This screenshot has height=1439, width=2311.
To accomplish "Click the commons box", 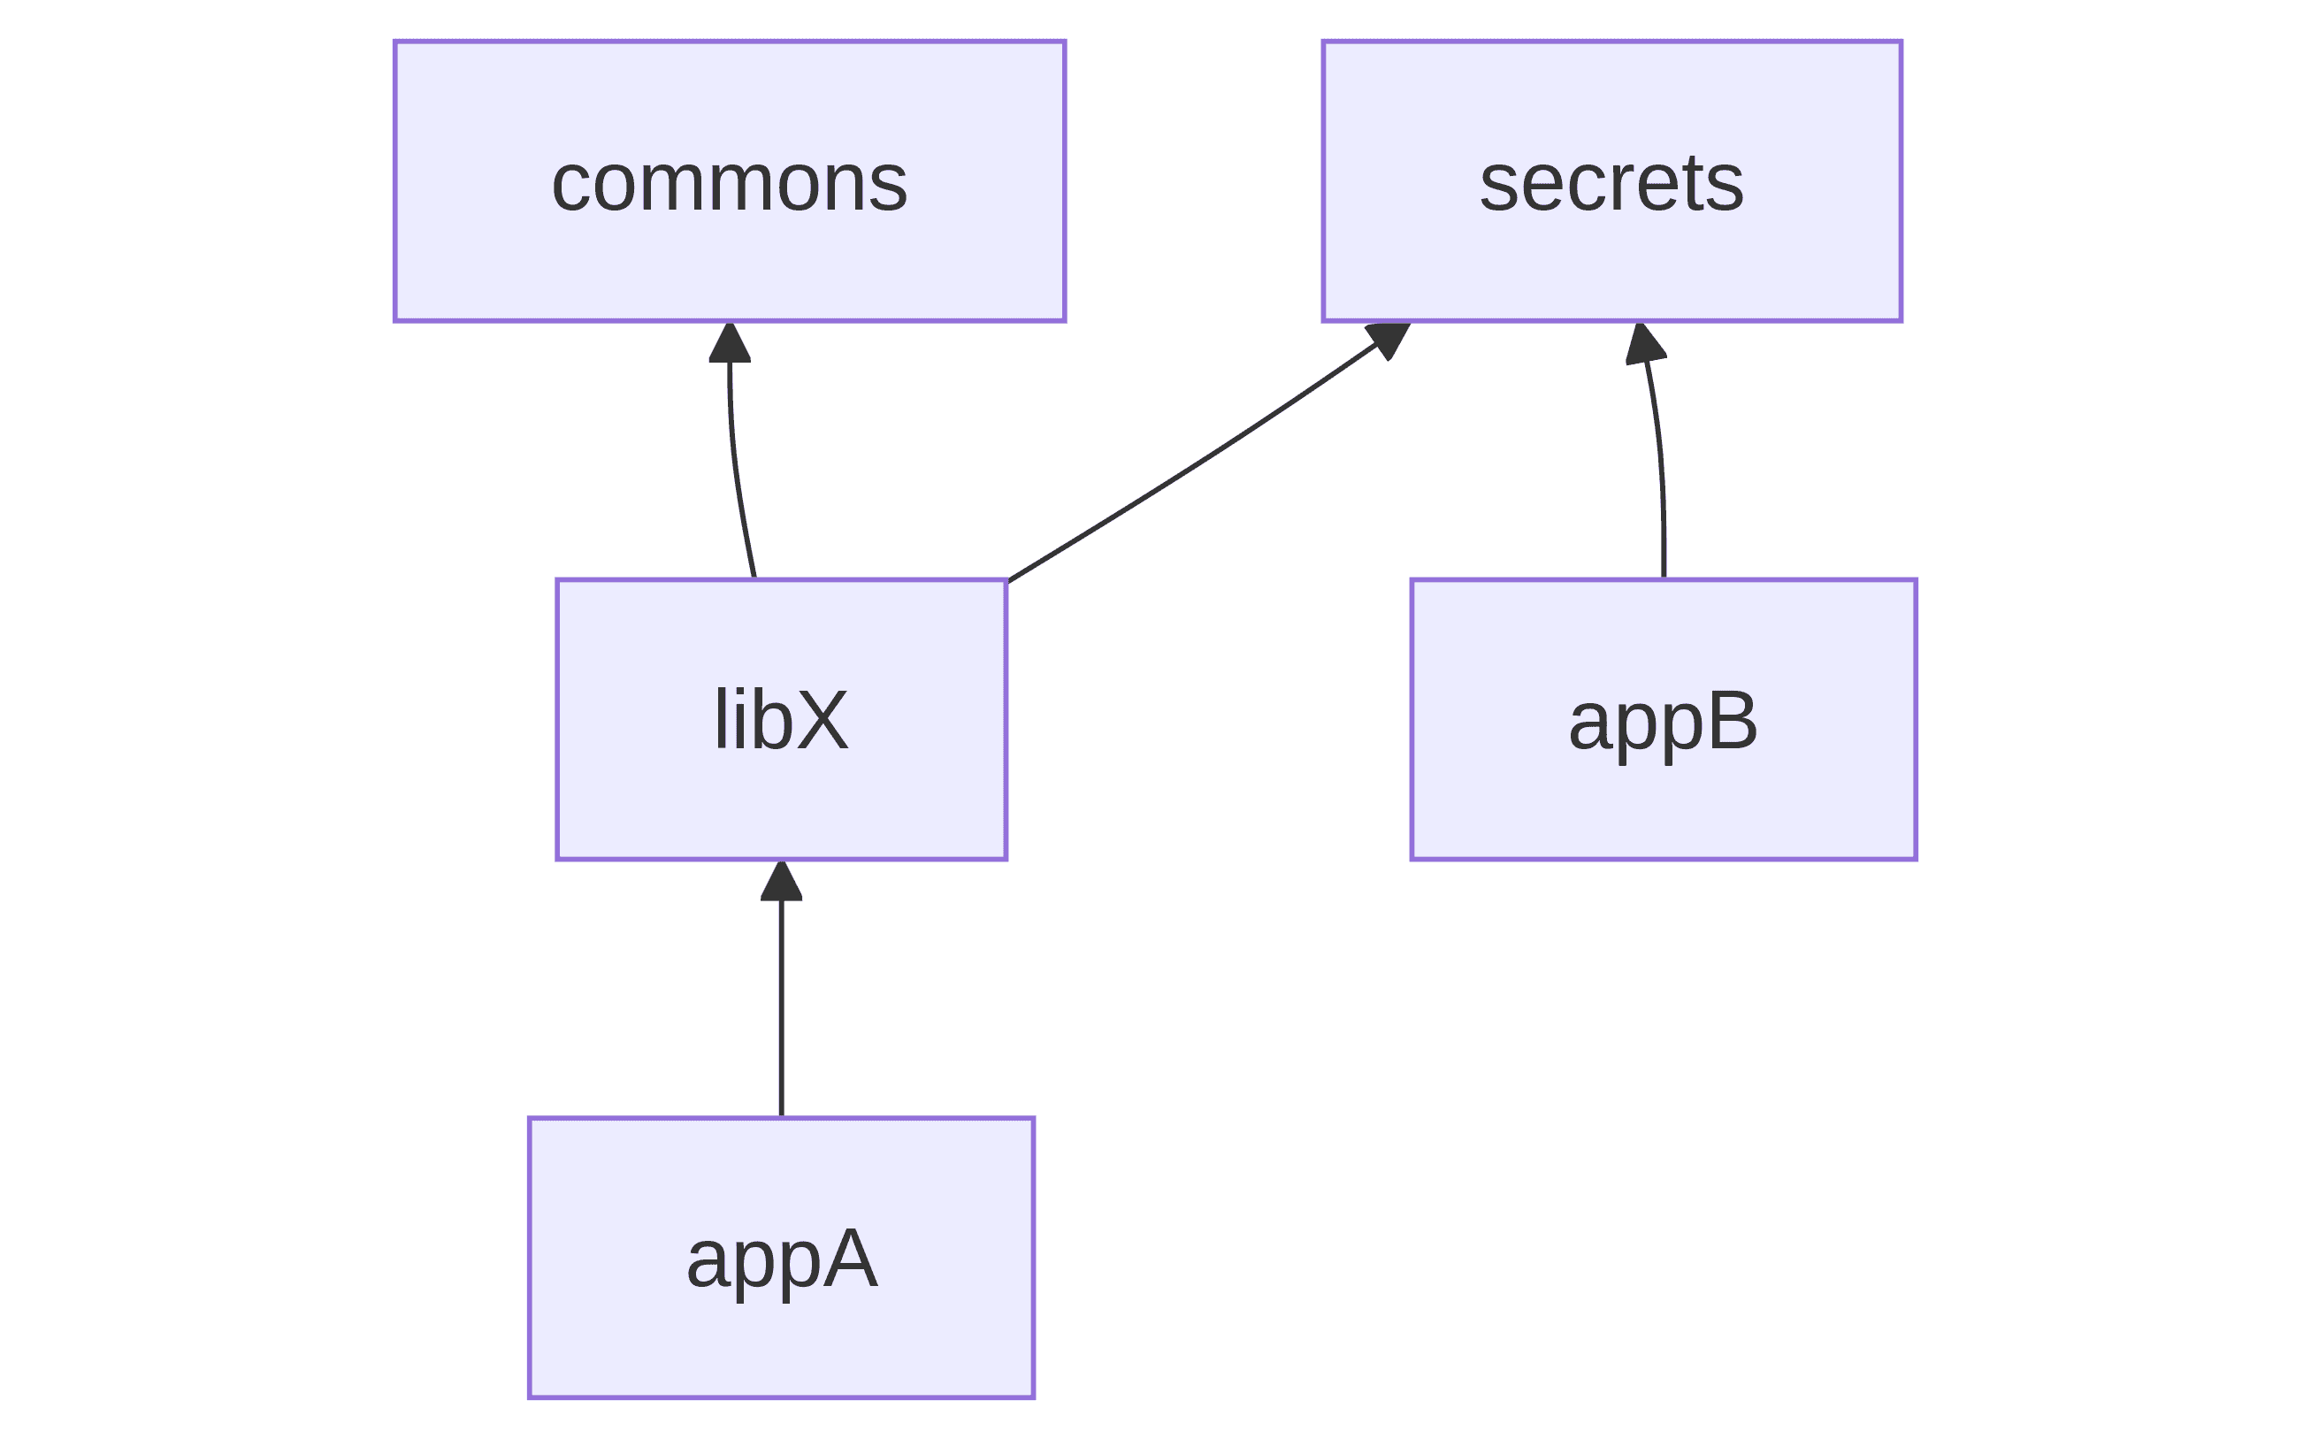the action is tap(730, 180).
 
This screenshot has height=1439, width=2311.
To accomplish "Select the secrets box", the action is tap(1611, 180).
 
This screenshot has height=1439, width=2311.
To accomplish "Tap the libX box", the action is tap(781, 720).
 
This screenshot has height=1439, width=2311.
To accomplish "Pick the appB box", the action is tap(1663, 720).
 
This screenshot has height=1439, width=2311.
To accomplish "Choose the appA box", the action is tap(781, 1259).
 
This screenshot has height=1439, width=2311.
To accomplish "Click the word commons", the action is tap(730, 183).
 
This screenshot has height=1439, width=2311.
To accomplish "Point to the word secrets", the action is tap(1611, 183).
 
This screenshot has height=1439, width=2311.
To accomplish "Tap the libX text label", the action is tap(781, 720).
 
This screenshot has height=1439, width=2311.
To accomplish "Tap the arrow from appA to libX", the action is tap(781, 989).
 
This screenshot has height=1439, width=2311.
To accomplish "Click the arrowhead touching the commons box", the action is tap(730, 342).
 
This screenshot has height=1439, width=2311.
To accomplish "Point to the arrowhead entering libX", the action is tap(781, 880).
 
